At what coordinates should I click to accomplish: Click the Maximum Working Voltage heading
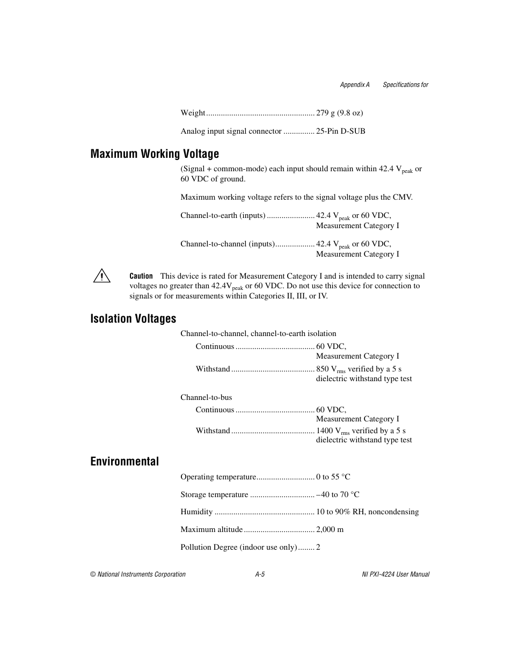(155, 154)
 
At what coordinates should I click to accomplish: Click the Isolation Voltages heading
(133, 319)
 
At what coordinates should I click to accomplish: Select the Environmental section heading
(125, 462)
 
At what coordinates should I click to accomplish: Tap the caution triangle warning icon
(101, 276)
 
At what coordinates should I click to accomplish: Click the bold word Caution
(141, 276)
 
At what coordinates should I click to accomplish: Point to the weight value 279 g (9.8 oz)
(339, 113)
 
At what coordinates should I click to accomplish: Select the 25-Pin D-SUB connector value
(340, 131)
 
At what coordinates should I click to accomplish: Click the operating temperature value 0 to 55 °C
(333, 477)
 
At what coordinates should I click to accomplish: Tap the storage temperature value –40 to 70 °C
(338, 494)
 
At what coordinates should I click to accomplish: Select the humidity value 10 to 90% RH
(367, 512)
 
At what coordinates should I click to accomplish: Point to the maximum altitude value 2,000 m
(330, 529)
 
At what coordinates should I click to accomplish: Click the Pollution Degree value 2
(318, 547)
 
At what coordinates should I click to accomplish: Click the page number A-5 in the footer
(260, 574)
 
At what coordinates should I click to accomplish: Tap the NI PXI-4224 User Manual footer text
(396, 574)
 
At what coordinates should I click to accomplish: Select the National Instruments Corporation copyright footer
(138, 574)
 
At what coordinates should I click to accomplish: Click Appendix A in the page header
(355, 85)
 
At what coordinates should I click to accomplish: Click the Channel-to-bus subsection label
(206, 397)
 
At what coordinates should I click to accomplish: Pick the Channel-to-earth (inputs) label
(223, 215)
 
